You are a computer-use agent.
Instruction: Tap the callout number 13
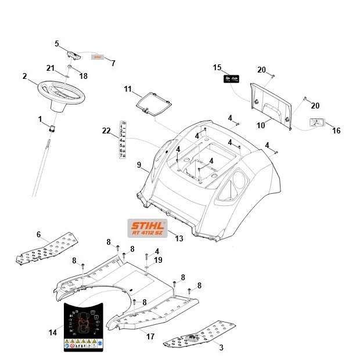[x=178, y=238]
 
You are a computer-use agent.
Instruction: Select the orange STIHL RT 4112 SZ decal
[x=146, y=228]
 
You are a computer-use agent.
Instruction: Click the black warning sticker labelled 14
[x=84, y=327]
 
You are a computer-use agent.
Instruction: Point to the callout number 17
[x=150, y=336]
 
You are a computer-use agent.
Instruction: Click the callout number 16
[x=336, y=131]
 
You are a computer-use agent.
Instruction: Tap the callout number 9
[x=139, y=165]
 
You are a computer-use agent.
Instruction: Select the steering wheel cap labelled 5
[x=74, y=53]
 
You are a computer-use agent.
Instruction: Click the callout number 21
[x=51, y=68]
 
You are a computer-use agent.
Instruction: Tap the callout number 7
[x=113, y=63]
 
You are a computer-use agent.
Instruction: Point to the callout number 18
[x=84, y=76]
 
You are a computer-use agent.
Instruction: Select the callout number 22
[x=106, y=131]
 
